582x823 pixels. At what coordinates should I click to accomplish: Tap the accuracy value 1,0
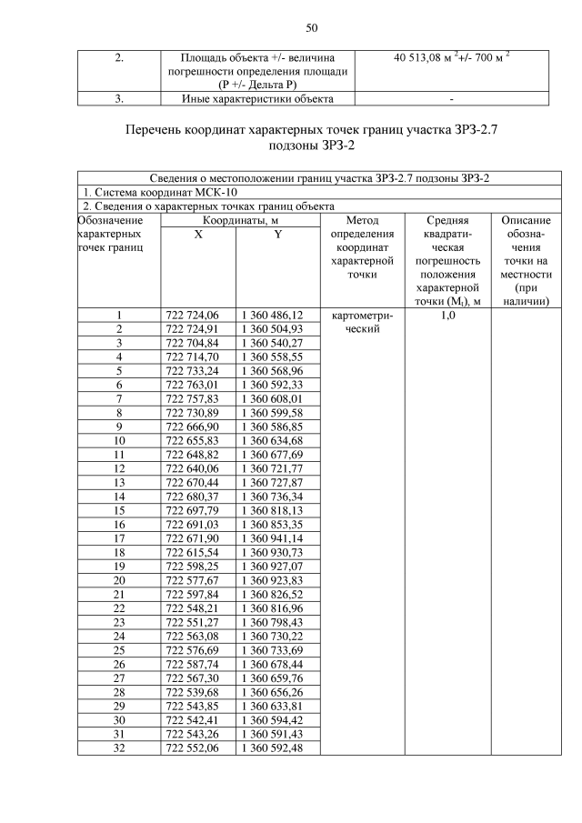[447, 316]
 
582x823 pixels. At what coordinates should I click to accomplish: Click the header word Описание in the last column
[526, 220]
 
